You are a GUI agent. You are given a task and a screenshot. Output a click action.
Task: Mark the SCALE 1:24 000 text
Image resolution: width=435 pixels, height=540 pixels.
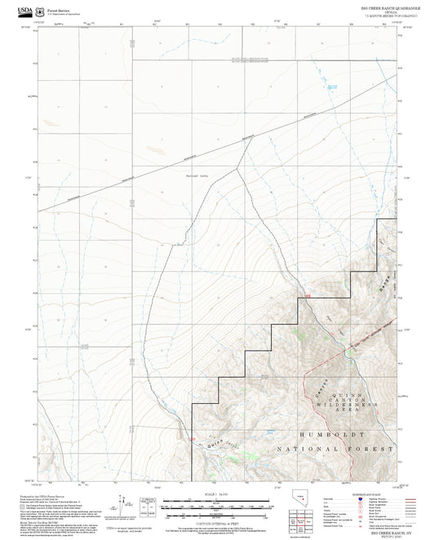click(x=217, y=494)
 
